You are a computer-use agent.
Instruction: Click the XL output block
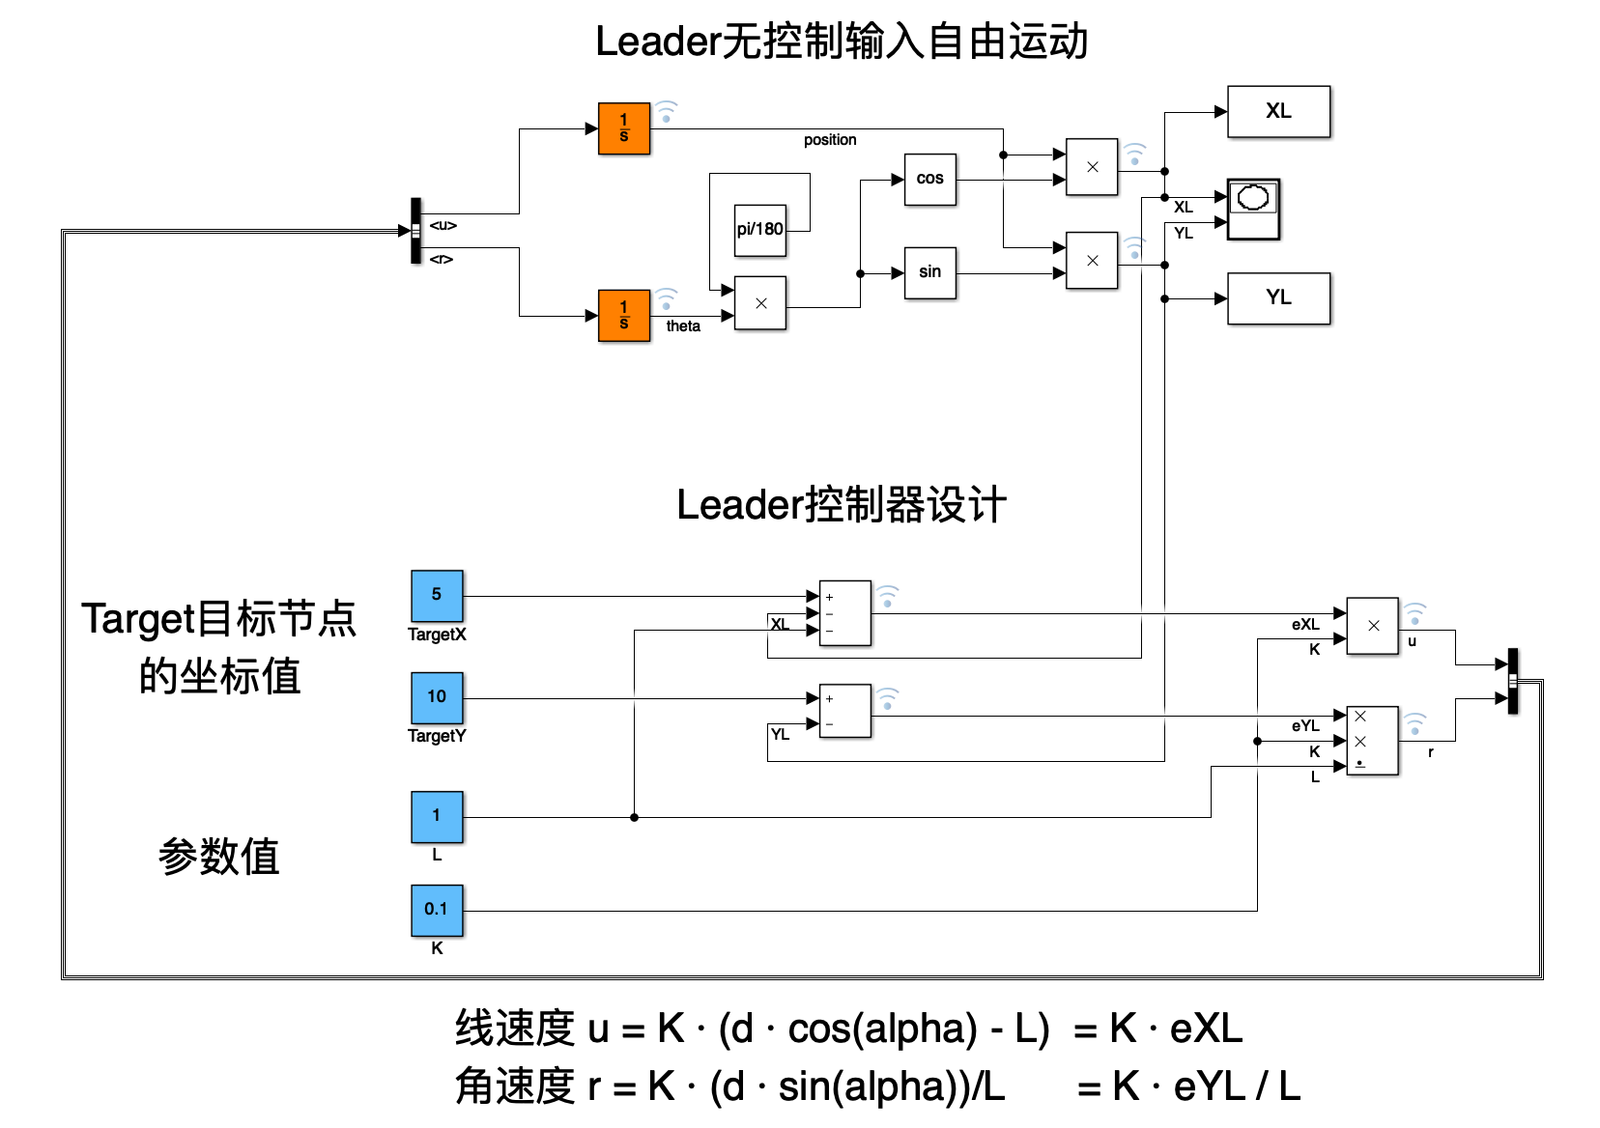coord(1277,112)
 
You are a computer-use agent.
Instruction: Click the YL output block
coord(1277,298)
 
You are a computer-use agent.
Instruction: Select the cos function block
coord(929,180)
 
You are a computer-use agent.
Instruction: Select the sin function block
coord(929,273)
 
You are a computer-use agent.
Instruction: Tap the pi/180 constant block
coord(759,230)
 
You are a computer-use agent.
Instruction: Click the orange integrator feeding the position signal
coord(623,128)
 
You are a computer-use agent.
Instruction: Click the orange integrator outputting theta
coord(623,316)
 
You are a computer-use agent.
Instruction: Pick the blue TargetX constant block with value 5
coord(437,595)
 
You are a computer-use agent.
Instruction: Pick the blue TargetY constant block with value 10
coord(437,697)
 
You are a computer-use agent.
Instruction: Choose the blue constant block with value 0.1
coord(437,910)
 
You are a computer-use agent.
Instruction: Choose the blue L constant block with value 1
coord(437,816)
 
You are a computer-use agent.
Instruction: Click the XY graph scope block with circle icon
coord(1253,209)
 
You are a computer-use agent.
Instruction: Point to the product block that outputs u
coord(1372,626)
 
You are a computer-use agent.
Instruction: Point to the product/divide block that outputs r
coord(1372,741)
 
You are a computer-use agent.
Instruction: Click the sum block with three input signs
coord(844,613)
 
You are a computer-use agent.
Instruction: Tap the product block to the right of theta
coord(759,303)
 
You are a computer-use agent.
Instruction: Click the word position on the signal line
coord(830,140)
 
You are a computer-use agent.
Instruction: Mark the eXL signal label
coord(1304,625)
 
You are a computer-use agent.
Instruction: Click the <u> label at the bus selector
coord(443,225)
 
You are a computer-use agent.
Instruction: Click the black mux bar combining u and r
coord(1512,681)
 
